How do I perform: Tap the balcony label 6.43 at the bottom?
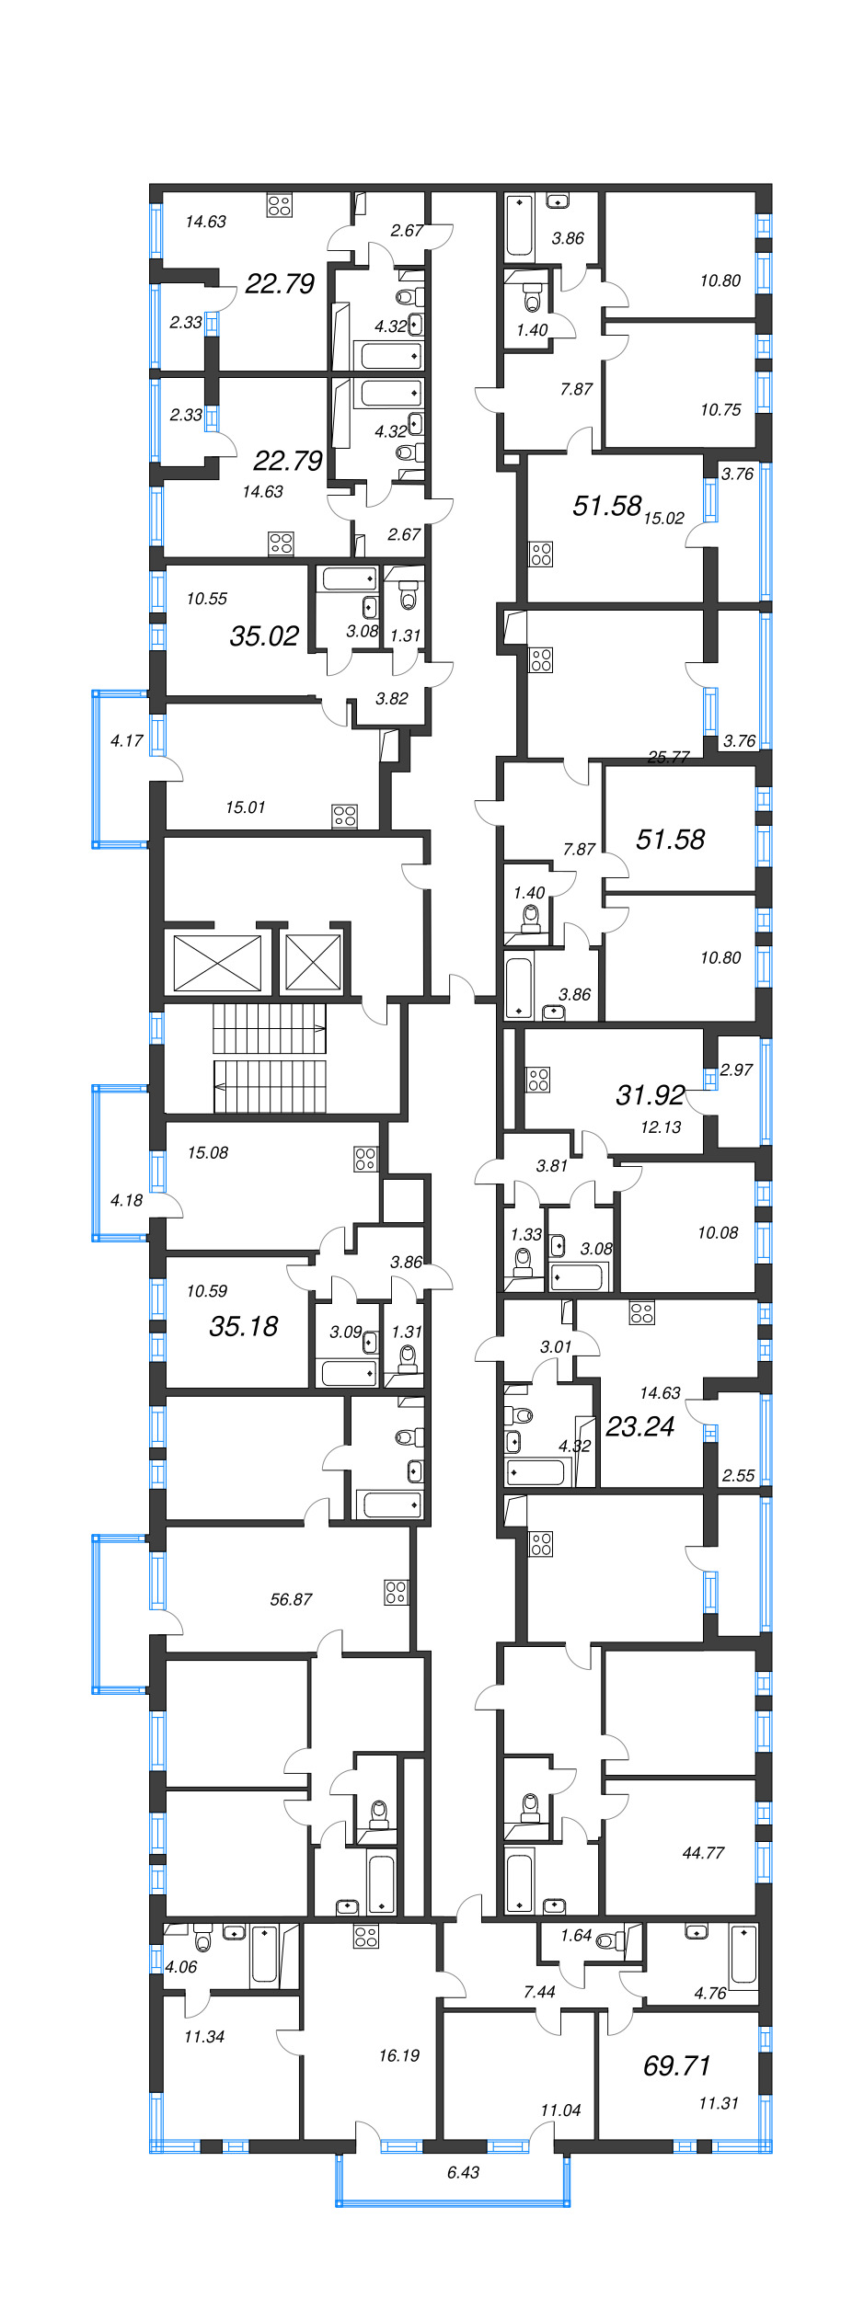(463, 2172)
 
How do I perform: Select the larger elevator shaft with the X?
(217, 963)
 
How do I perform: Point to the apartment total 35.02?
(264, 635)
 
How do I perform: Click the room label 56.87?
(291, 1599)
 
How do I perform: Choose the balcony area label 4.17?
(126, 740)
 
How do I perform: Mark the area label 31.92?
(650, 1094)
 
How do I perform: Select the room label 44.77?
(703, 1852)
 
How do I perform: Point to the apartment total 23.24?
(639, 1426)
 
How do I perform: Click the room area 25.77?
(668, 757)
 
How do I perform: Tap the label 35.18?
(243, 1326)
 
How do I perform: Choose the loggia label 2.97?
(736, 1069)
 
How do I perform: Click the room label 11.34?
(203, 2036)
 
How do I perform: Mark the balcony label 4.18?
(126, 1200)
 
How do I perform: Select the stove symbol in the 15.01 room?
(345, 816)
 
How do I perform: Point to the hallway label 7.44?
(539, 1991)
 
